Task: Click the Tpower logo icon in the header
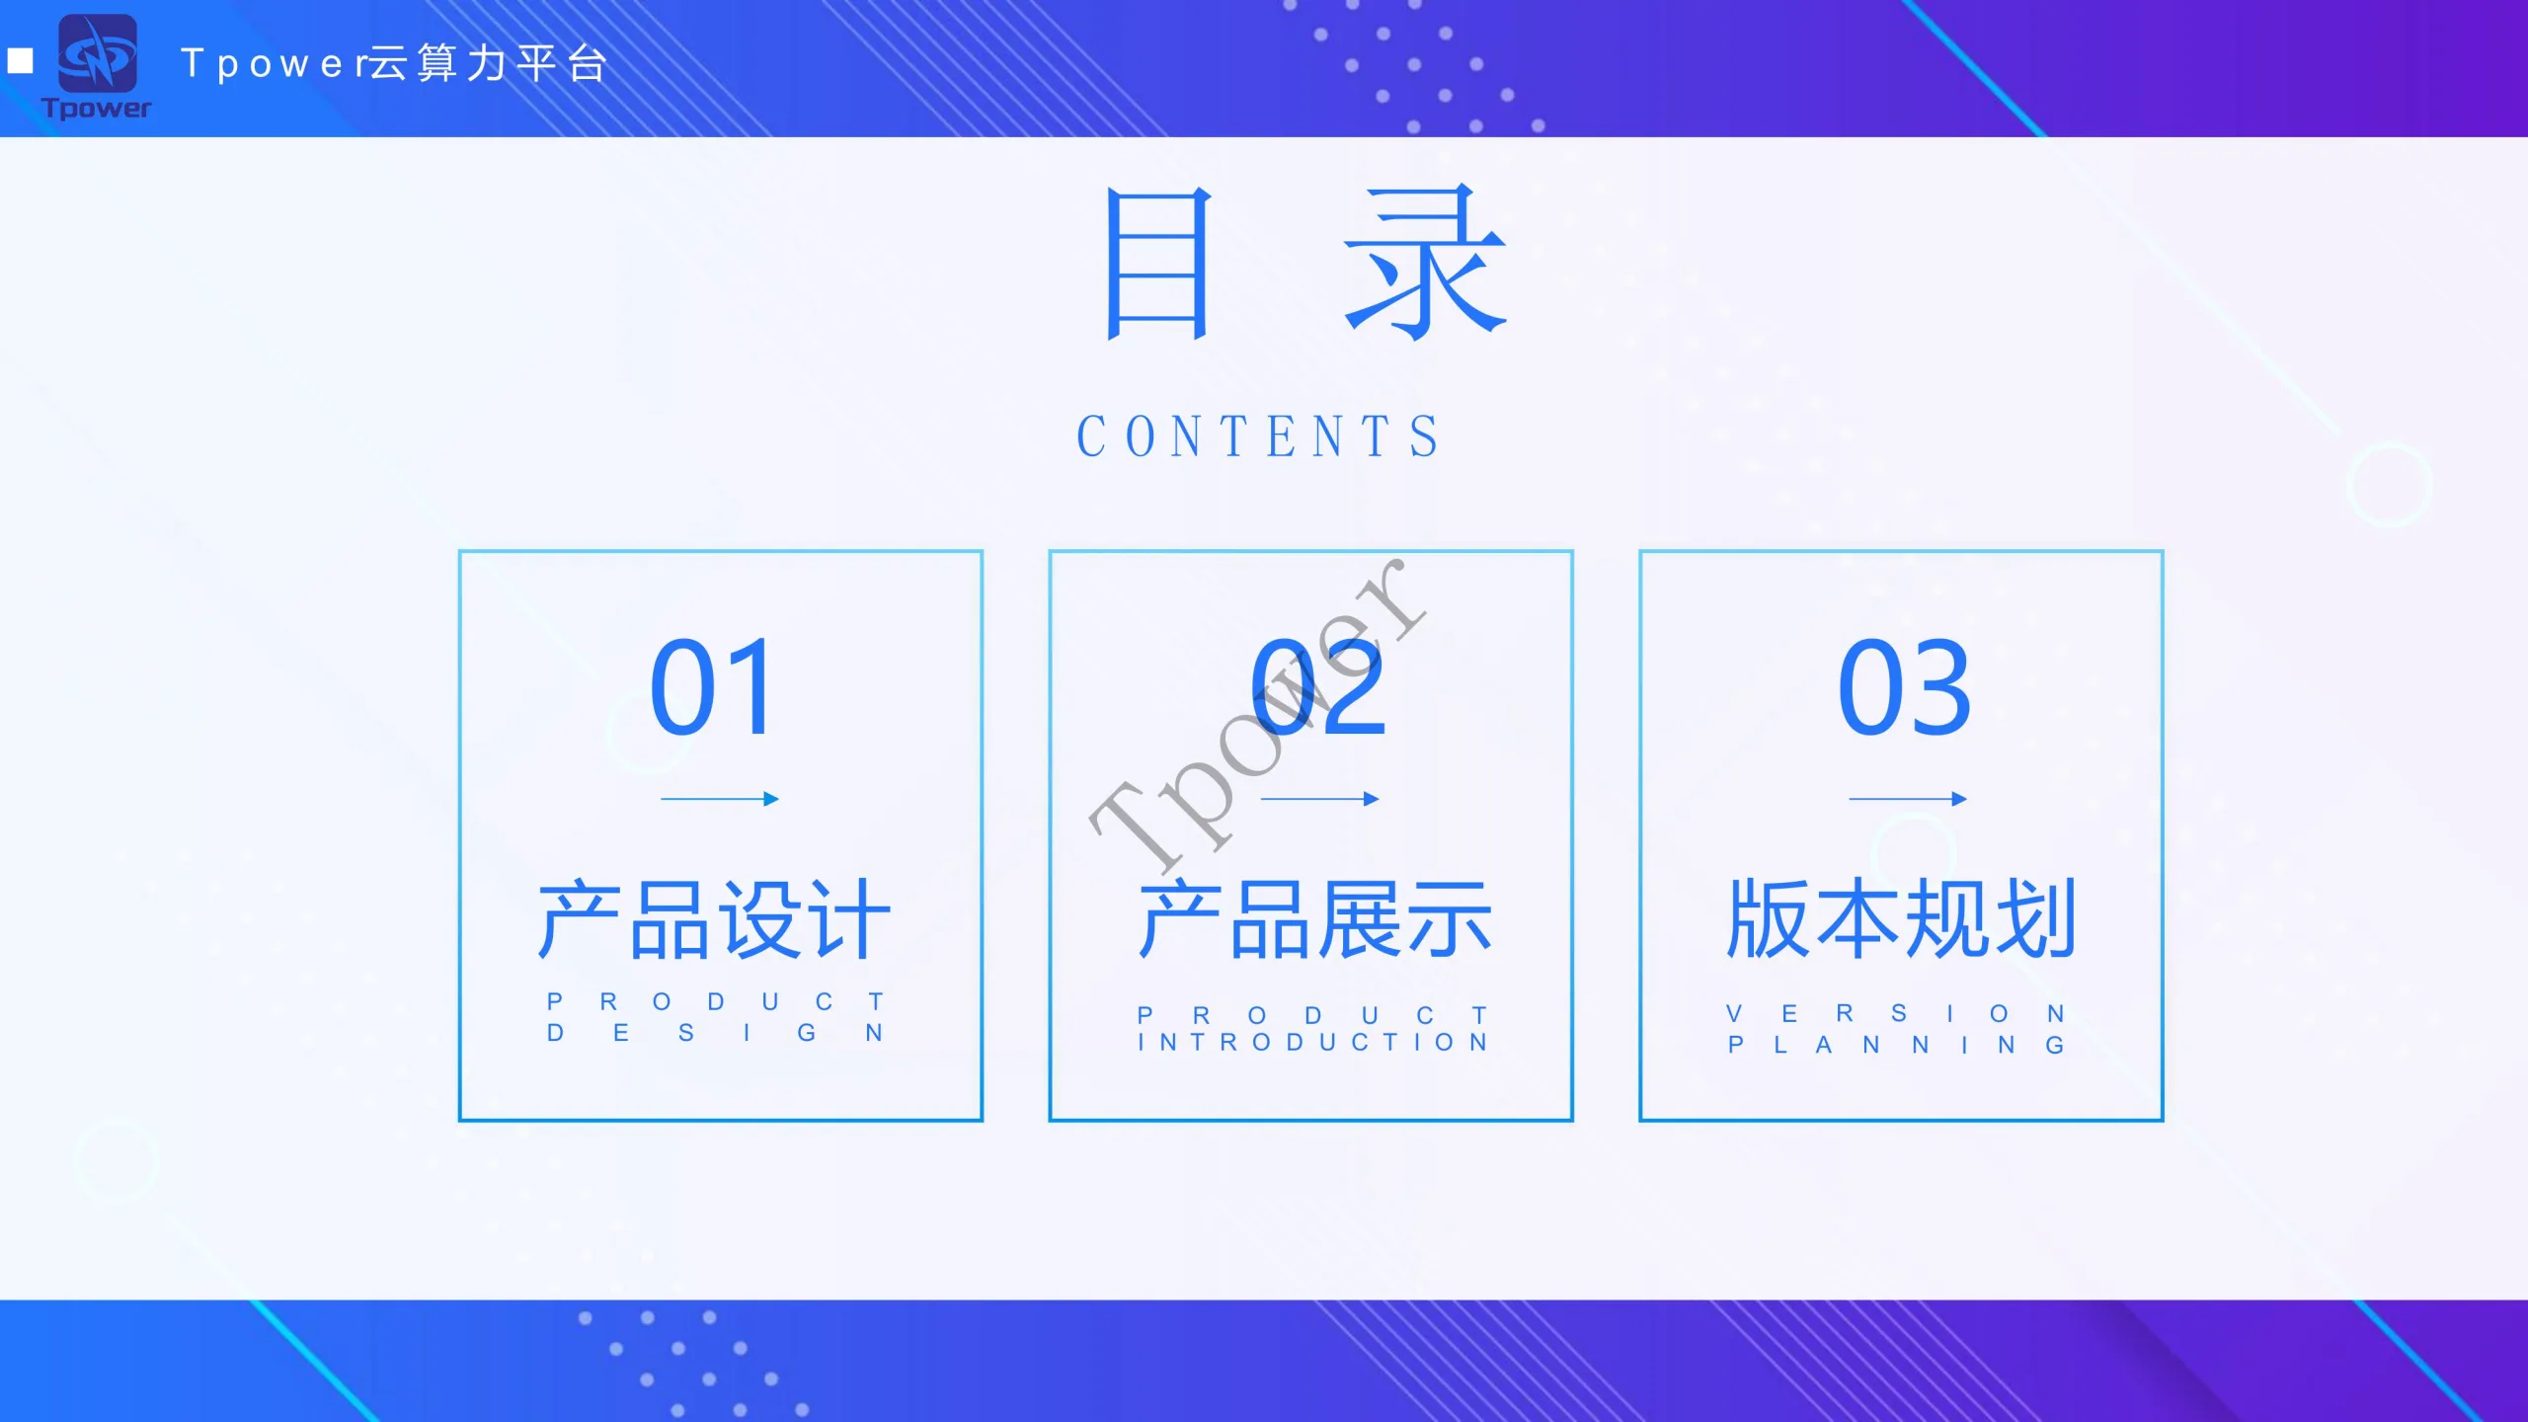click(98, 53)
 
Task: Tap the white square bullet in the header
click(21, 61)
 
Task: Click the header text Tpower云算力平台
click(394, 64)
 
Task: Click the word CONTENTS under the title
click(1258, 436)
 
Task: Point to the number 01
click(713, 687)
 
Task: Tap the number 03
click(1904, 687)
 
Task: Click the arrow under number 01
click(720, 799)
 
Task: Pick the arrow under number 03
click(1908, 799)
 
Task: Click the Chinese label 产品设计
click(715, 919)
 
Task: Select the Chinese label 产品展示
click(1315, 919)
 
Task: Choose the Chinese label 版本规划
click(1902, 919)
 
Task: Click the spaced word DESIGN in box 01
click(715, 1033)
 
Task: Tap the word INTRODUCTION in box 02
click(1312, 1043)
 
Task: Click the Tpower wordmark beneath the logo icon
click(97, 108)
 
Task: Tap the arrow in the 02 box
click(1320, 799)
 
